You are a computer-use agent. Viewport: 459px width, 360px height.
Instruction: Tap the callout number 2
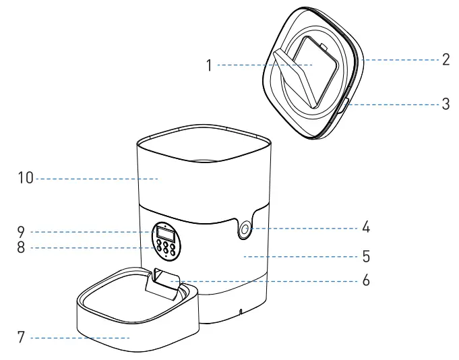point(446,59)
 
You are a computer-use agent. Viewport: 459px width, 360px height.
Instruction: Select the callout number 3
point(446,105)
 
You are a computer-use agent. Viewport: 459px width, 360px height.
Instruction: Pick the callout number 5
point(366,257)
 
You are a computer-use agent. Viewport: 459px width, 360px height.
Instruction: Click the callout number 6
point(366,280)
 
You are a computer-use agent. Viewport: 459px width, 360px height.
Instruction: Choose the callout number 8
point(21,247)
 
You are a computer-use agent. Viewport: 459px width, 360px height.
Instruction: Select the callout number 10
point(24,179)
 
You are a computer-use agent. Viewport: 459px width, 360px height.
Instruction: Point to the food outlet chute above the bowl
point(164,282)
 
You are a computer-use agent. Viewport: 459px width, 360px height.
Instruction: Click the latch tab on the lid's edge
point(344,105)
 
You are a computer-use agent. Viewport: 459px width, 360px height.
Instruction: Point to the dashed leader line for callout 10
point(94,179)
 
